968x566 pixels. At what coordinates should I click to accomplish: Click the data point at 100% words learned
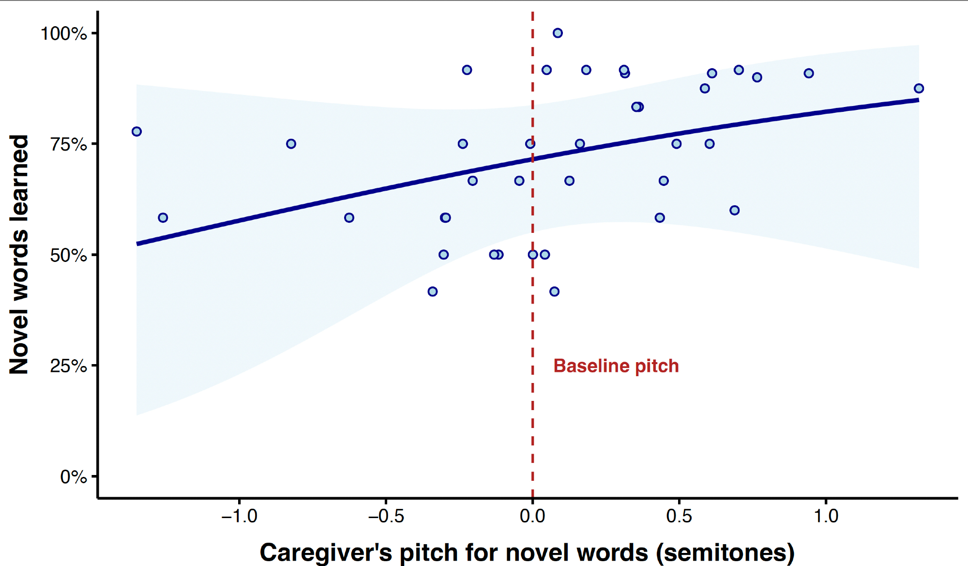(558, 33)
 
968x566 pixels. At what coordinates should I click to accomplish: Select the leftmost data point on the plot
(136, 132)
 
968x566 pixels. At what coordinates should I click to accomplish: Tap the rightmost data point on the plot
(919, 89)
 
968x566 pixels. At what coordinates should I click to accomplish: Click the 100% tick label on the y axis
(63, 34)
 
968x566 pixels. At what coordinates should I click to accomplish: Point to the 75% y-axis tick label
(68, 144)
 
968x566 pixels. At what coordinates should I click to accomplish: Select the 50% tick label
(68, 255)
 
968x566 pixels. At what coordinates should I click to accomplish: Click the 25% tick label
(68, 366)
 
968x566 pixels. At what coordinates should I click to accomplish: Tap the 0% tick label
(73, 477)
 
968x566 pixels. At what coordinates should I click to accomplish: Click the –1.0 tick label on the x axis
(239, 516)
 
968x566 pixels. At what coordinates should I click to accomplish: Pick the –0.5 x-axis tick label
(386, 516)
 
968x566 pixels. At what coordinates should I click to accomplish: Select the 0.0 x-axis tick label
(532, 516)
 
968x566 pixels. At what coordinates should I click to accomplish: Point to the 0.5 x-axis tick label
(679, 516)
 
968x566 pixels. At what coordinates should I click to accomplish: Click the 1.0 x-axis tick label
(826, 516)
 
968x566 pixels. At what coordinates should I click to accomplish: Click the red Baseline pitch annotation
(616, 366)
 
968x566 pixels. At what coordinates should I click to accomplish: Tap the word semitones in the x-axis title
(726, 552)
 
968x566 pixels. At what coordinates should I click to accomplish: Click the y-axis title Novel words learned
(19, 254)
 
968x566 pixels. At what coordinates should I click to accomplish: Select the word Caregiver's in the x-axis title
(325, 552)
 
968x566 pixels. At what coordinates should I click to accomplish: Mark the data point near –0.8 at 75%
(291, 144)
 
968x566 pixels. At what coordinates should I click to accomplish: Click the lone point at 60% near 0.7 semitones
(734, 210)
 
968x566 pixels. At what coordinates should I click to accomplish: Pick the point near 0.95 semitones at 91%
(808, 74)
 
